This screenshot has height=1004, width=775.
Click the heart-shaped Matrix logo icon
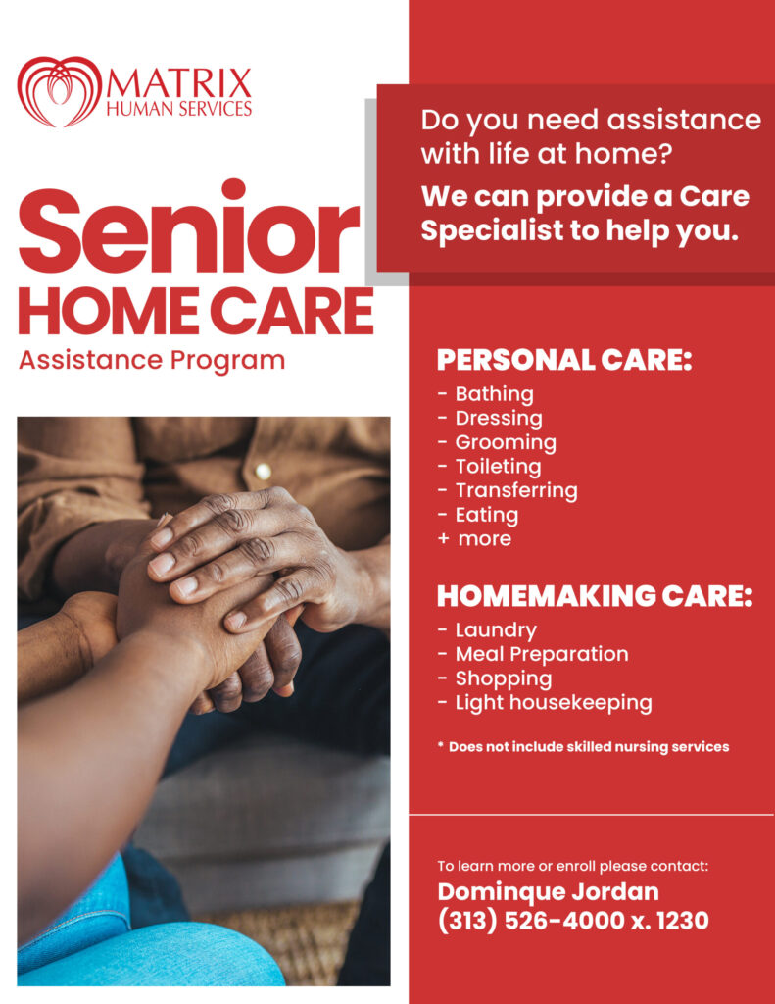(x=59, y=91)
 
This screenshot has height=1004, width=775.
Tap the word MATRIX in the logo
(x=179, y=84)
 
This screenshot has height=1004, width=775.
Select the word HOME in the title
(x=109, y=311)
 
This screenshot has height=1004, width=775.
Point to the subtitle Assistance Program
(x=152, y=360)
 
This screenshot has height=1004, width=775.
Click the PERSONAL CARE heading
(x=564, y=360)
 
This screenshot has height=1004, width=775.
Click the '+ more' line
(x=475, y=539)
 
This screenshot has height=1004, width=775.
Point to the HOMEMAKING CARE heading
(x=595, y=596)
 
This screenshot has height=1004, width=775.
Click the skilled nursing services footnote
(x=584, y=747)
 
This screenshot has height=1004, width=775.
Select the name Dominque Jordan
(x=548, y=892)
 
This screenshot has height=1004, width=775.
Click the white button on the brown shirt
(x=263, y=472)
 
